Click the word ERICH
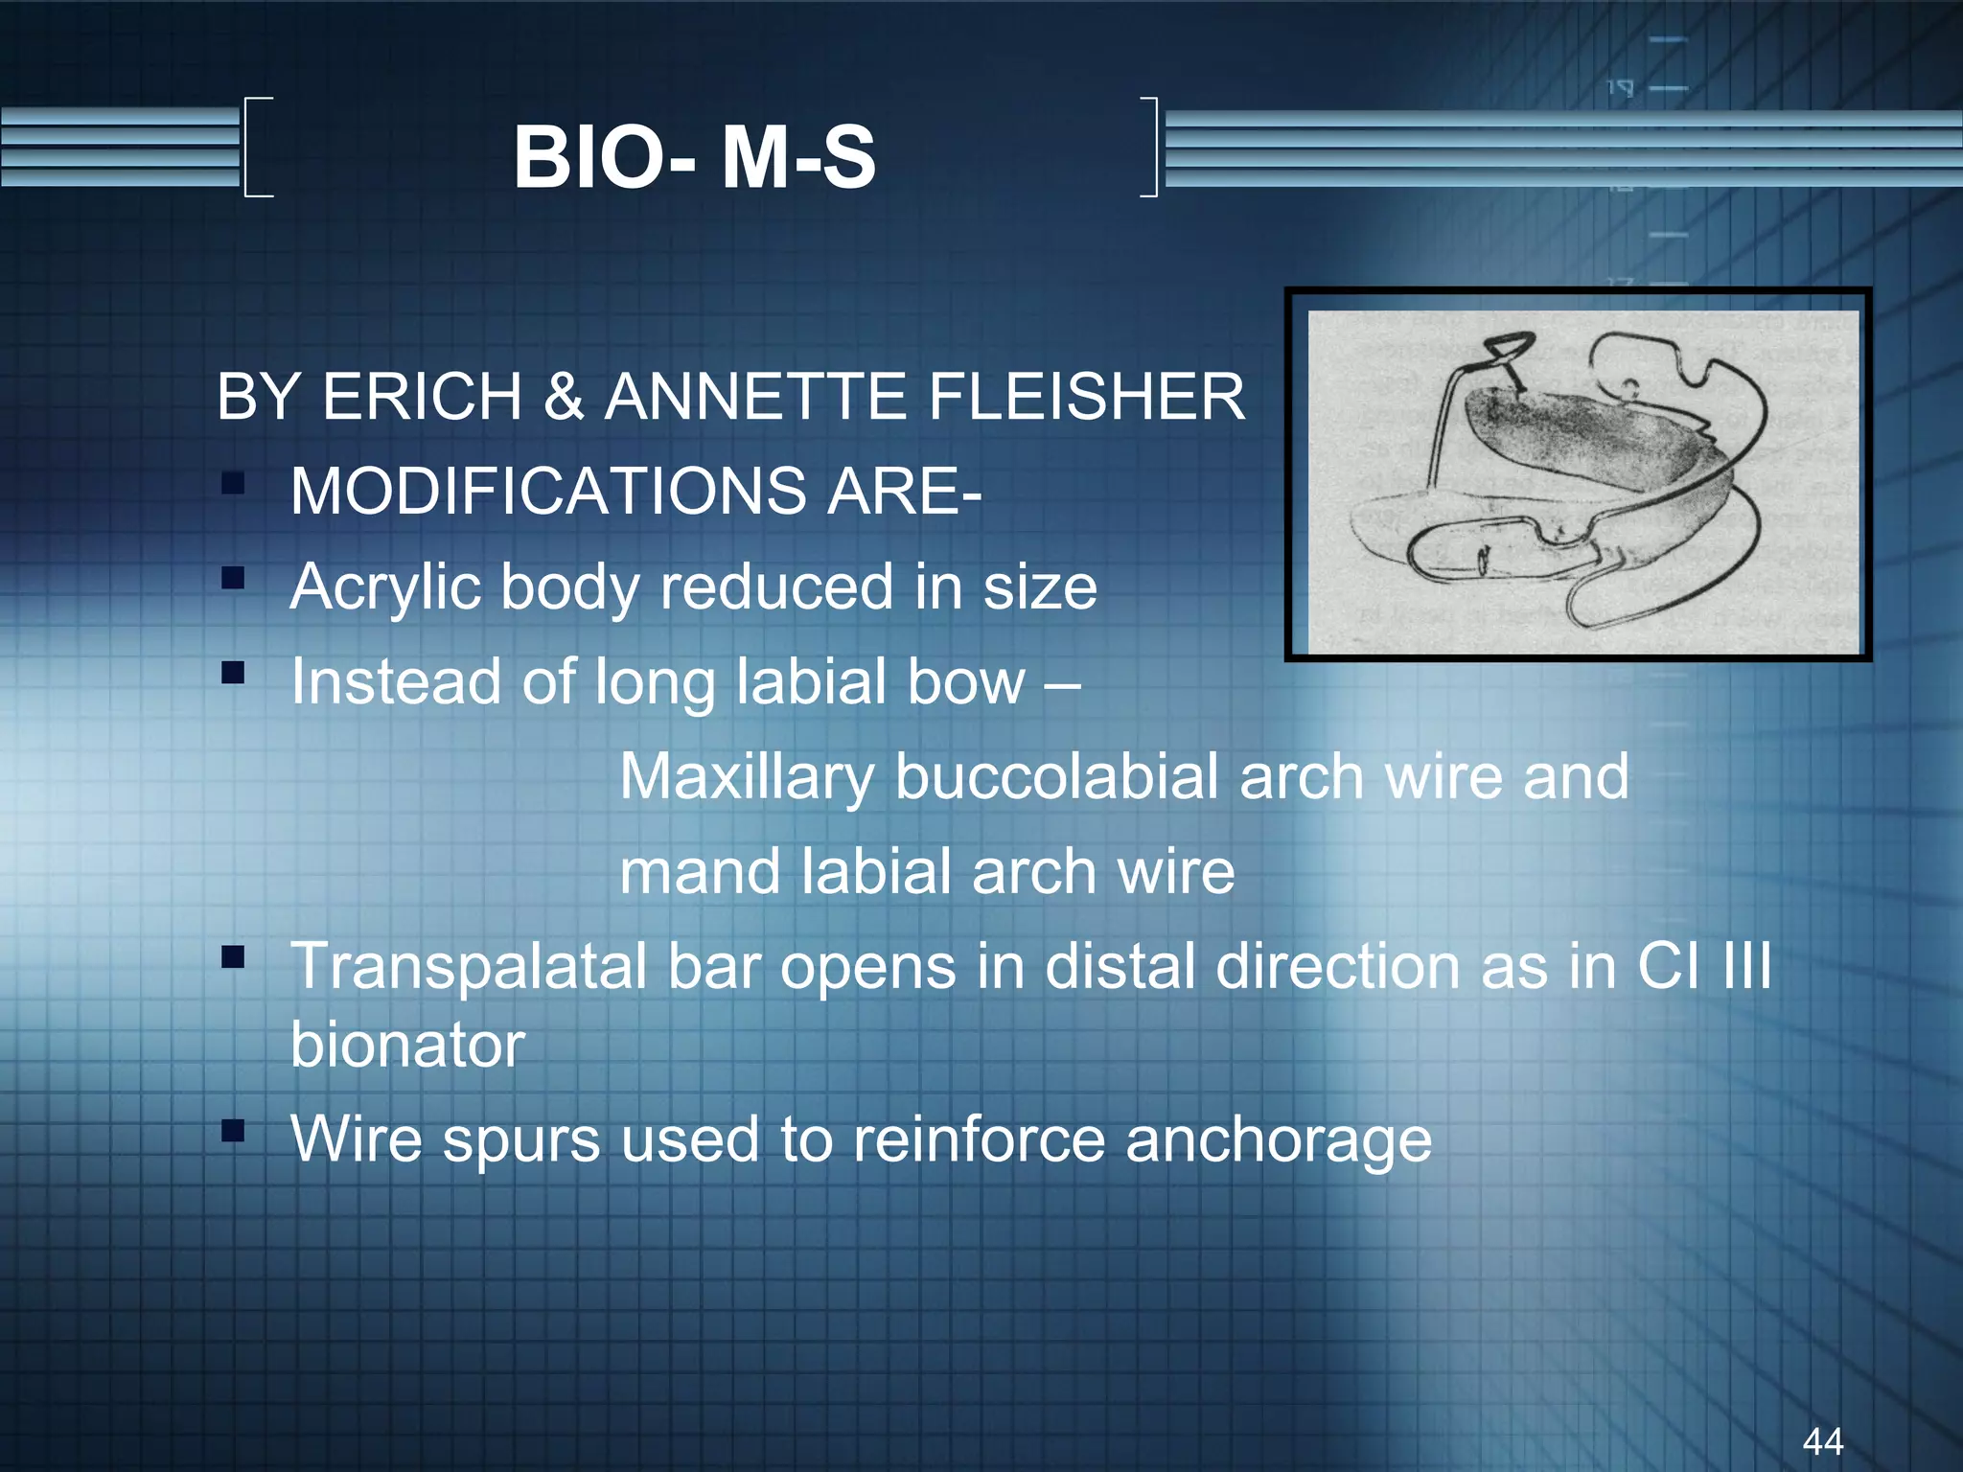[x=422, y=396]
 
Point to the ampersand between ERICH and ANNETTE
[x=564, y=396]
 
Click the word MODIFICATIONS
[x=548, y=491]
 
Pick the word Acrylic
[x=384, y=587]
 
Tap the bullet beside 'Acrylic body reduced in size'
[x=233, y=578]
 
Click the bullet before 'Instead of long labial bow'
[x=233, y=673]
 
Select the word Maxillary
[x=746, y=777]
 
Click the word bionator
[x=407, y=1044]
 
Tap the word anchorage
[x=1278, y=1141]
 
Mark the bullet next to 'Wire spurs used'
[x=233, y=1131]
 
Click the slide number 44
[x=1822, y=1440]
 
